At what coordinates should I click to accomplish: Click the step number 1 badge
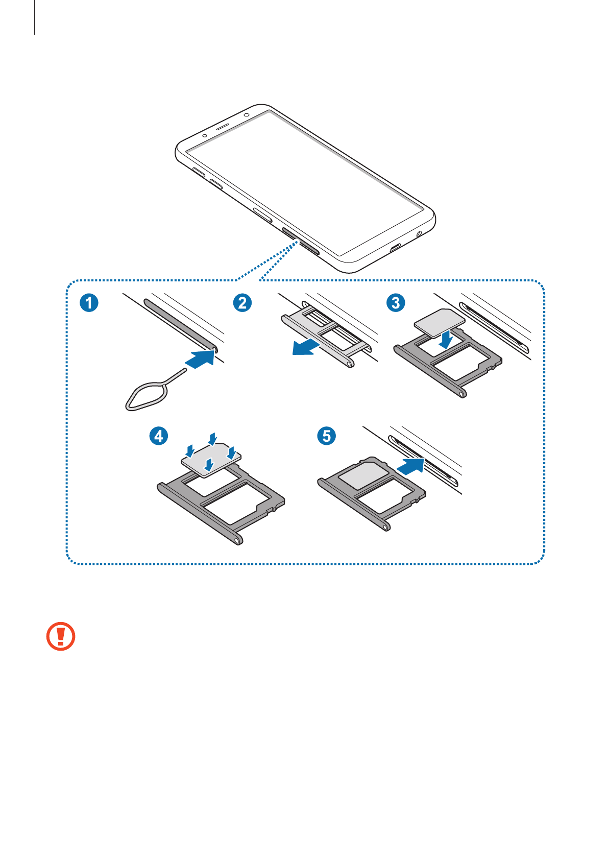[89, 303]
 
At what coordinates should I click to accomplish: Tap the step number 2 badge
[242, 303]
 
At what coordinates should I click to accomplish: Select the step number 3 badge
[396, 303]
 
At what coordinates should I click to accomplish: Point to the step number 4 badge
[159, 436]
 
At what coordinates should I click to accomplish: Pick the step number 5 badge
[327, 436]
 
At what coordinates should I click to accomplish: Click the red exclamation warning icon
[61, 636]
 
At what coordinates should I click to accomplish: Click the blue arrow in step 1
[200, 359]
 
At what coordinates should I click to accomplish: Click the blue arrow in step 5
[410, 466]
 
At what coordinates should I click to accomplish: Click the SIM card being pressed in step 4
[211, 459]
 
